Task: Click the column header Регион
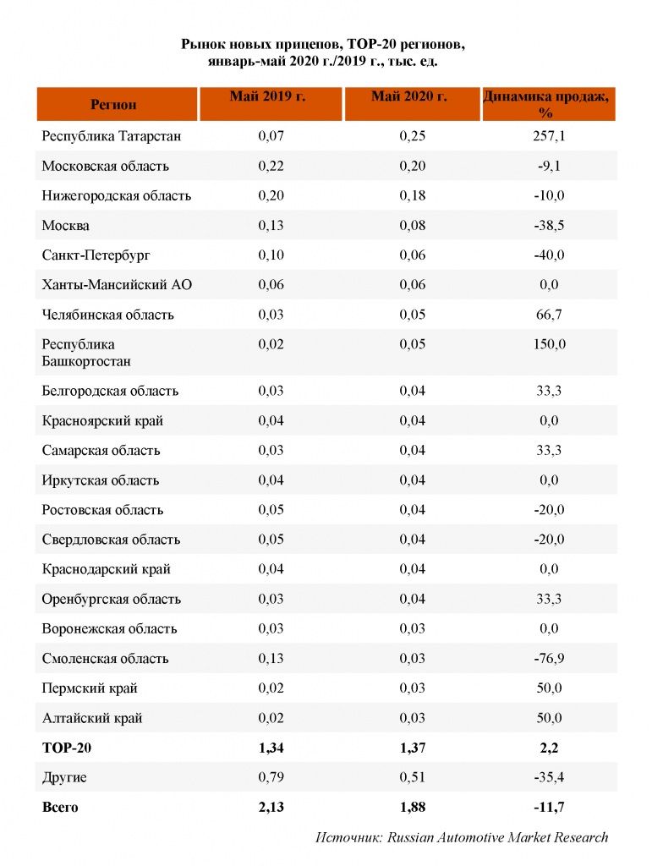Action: tap(113, 104)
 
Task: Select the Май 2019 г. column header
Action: tap(268, 96)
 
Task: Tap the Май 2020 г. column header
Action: tap(409, 96)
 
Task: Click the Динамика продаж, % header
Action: tap(546, 104)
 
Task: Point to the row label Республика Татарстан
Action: tap(112, 136)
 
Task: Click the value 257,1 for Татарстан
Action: tap(549, 136)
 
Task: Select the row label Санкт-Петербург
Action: tap(96, 255)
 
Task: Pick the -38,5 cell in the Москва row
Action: tap(549, 225)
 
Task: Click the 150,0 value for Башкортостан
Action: tap(550, 344)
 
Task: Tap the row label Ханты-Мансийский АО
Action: tap(117, 285)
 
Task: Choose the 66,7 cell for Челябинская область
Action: tap(549, 315)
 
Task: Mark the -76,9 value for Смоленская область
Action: tap(549, 658)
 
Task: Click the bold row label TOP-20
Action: tap(67, 748)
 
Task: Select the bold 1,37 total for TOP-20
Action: tap(413, 748)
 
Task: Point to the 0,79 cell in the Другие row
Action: tap(271, 777)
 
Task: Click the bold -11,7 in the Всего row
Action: tap(549, 807)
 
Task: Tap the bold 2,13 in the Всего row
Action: tap(271, 807)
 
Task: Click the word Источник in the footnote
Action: tap(348, 837)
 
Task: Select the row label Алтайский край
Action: tap(92, 718)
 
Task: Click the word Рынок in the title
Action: tap(200, 44)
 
